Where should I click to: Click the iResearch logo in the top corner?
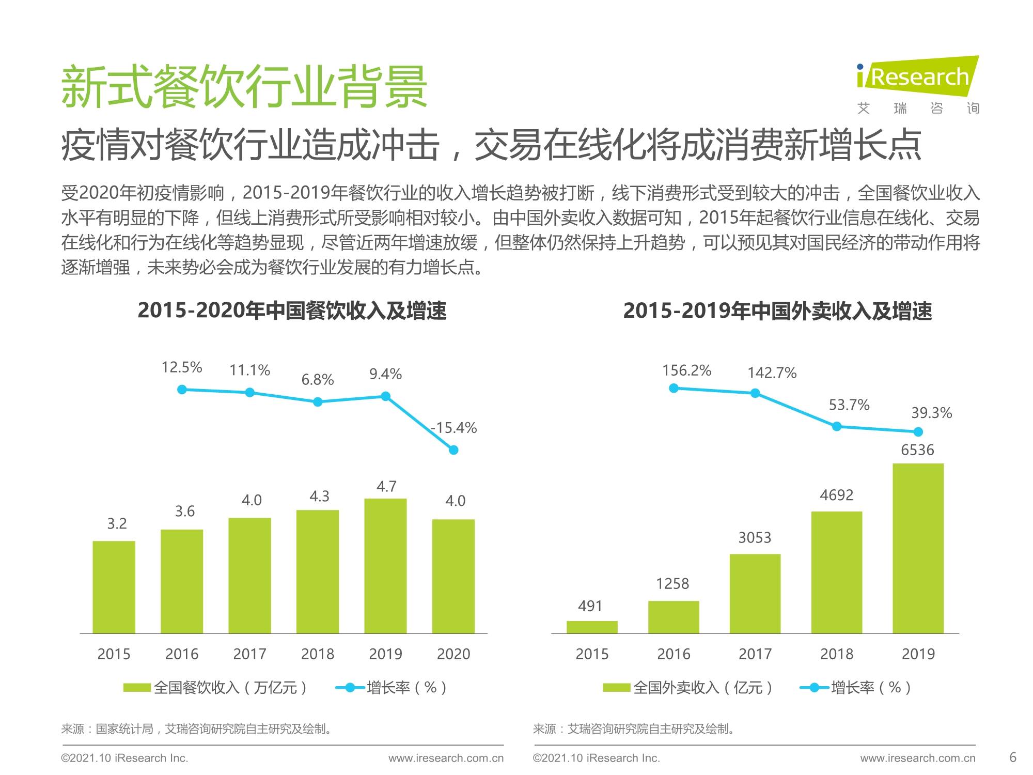(x=917, y=78)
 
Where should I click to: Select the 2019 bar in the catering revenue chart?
(x=385, y=566)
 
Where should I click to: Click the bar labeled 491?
(x=592, y=627)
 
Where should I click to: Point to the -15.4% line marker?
(x=453, y=450)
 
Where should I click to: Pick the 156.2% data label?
(x=686, y=370)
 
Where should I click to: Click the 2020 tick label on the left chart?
(x=453, y=654)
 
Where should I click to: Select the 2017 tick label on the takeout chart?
(x=755, y=654)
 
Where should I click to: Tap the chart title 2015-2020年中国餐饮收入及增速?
(x=292, y=311)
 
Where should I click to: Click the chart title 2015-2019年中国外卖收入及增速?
(x=777, y=311)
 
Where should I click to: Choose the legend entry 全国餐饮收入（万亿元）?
(x=216, y=688)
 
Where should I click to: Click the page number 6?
(x=1012, y=757)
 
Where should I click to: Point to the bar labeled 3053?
(x=755, y=594)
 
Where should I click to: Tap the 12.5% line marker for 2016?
(x=182, y=390)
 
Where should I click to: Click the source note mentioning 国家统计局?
(x=197, y=729)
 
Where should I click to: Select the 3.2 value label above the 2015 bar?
(x=117, y=524)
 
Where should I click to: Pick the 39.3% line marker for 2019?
(x=918, y=431)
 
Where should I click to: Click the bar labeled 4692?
(x=836, y=572)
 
